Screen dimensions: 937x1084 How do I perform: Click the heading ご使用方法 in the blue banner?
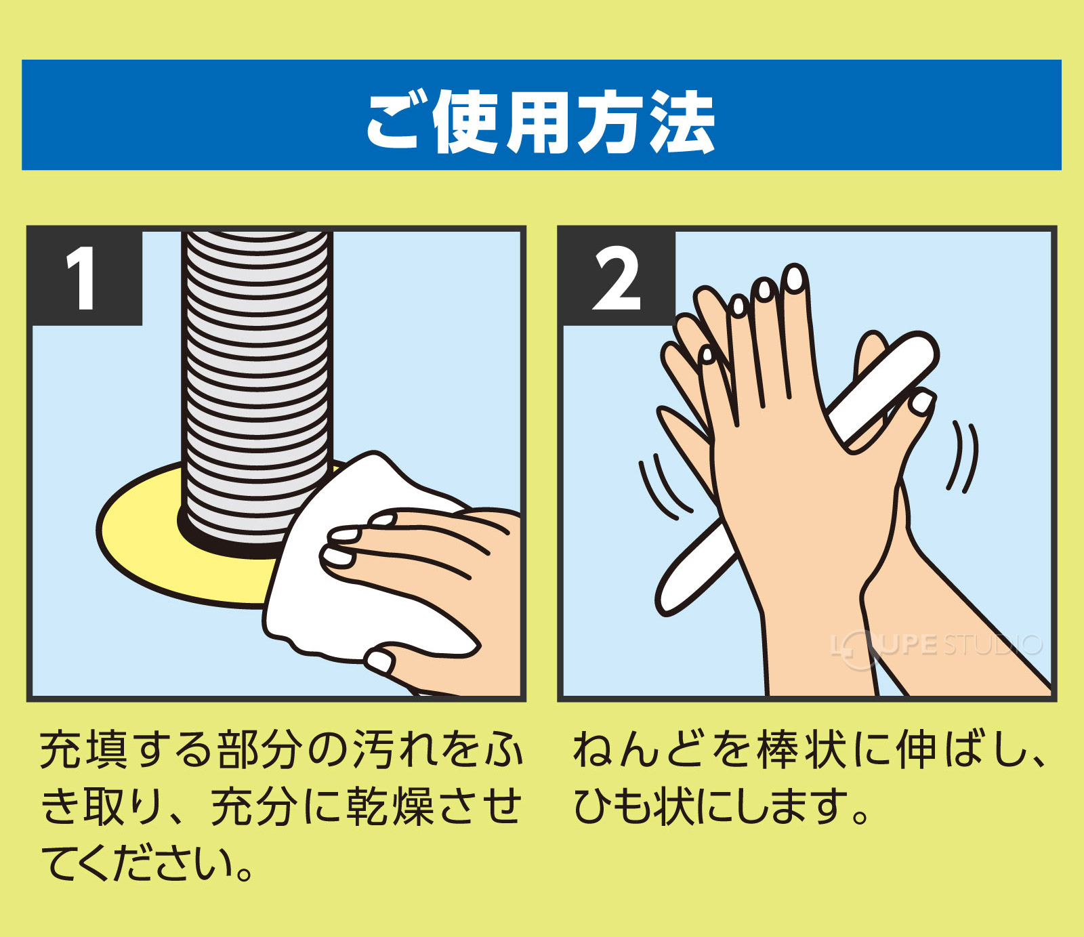(541, 122)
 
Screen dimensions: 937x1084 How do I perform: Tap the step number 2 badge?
(615, 278)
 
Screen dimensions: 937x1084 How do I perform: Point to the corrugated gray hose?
(257, 379)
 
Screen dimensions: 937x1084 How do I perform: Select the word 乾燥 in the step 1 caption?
(390, 806)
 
